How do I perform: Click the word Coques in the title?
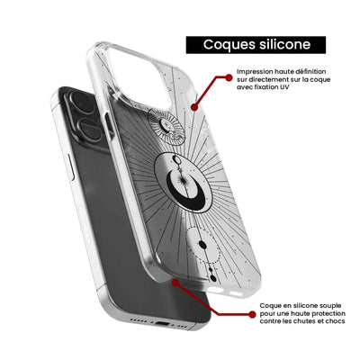click(x=227, y=45)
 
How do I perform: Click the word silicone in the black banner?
click(x=283, y=44)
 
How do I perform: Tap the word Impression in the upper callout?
click(x=251, y=72)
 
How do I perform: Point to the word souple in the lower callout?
click(x=329, y=306)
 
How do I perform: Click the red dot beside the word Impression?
click(x=229, y=77)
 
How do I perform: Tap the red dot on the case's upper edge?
click(x=194, y=107)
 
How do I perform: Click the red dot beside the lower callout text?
click(x=252, y=314)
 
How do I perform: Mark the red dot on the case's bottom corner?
click(x=175, y=283)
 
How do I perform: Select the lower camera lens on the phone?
click(x=89, y=130)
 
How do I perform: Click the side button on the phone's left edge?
click(x=70, y=167)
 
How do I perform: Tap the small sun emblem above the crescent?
click(x=165, y=126)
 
